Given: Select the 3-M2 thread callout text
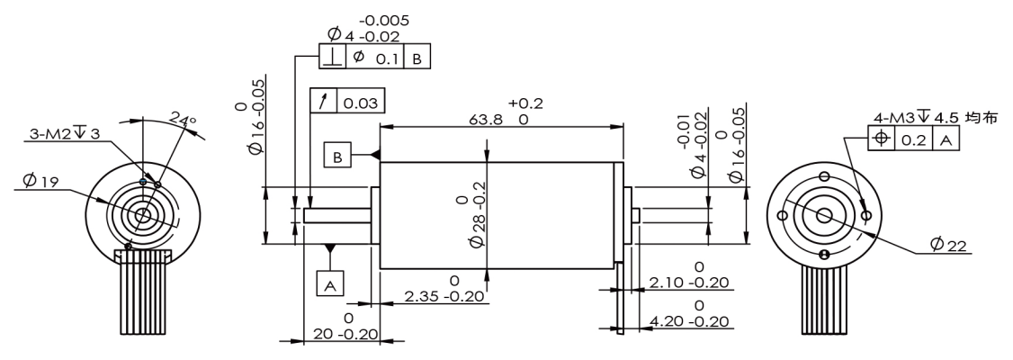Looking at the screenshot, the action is click(x=65, y=134).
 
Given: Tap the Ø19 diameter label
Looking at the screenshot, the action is click(x=40, y=181).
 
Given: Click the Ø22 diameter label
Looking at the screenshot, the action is click(x=948, y=244).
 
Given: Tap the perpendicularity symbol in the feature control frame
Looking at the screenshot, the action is click(x=333, y=57).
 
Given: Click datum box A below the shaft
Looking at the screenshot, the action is click(x=330, y=283).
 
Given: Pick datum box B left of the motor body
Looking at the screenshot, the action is click(x=338, y=156).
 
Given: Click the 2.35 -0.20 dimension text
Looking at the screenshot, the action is click(x=444, y=296).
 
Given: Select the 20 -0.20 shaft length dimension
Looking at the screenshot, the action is click(x=345, y=334).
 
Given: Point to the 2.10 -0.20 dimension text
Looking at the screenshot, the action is click(x=689, y=283).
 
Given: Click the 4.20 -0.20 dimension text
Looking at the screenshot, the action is click(x=689, y=321).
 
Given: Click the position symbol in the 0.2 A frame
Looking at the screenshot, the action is click(x=882, y=139).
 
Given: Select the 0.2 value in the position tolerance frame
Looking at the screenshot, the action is click(x=913, y=139).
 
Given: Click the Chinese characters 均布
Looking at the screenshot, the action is click(x=982, y=118).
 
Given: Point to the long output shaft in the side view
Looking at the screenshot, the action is click(x=337, y=216).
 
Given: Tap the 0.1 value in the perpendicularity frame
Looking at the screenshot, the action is click(x=387, y=58).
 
